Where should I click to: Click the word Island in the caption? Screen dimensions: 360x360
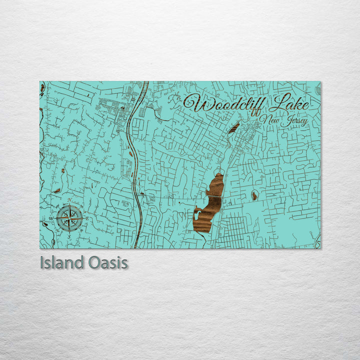[62, 263]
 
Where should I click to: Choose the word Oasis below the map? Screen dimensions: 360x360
[107, 263]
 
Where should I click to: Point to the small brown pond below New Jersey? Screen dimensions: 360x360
[233, 128]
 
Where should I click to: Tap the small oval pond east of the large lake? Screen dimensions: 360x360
[254, 195]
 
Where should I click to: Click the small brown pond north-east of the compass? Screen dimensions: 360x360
[57, 190]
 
